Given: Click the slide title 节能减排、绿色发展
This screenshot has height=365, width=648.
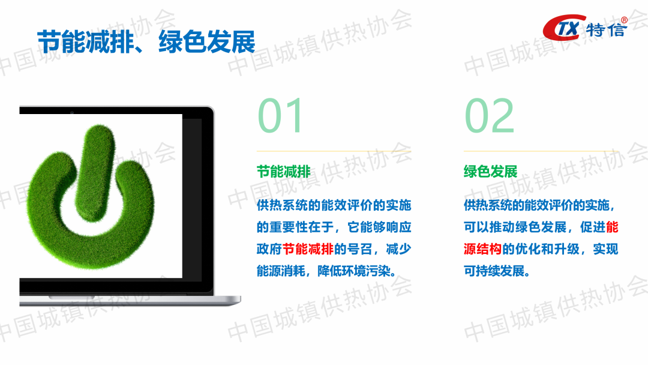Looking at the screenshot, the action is coord(146,42).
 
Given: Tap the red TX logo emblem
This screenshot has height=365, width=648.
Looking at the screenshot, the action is coord(563,28).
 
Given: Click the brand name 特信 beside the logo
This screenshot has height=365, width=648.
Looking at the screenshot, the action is coord(606,29).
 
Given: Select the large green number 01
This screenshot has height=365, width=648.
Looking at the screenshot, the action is coord(281,115).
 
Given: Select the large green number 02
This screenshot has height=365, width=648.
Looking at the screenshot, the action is coord(490,115).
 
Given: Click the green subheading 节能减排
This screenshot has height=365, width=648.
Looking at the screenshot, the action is coord(283,171).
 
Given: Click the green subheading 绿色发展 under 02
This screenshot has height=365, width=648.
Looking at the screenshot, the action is coord(491,171).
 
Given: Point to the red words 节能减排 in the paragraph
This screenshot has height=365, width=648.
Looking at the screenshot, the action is coord(308,249).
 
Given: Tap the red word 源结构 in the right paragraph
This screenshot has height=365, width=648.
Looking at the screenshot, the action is coord(482,249).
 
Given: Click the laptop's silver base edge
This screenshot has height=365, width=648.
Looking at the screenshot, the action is coord(130,301).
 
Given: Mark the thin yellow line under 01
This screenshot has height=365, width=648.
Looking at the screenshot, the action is coord(334,151).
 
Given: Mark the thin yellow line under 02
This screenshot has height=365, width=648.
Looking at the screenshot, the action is coord(541,151).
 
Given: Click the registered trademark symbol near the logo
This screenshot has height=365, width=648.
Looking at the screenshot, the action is coord(624,20).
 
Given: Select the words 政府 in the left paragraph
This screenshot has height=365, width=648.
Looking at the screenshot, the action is coord(269,249).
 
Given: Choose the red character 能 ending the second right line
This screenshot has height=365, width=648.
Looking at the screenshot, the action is coord(612,227).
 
